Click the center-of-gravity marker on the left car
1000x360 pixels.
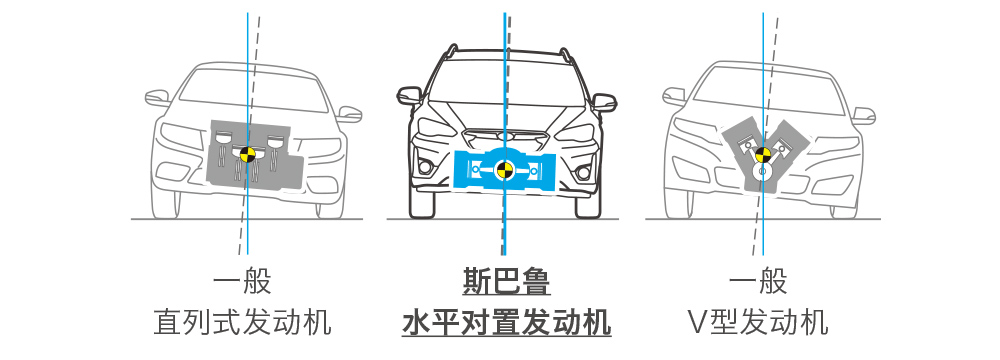click(247, 153)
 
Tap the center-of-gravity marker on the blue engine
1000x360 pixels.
click(504, 170)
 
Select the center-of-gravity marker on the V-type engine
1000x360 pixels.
click(763, 154)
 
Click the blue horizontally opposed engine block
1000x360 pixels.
click(504, 170)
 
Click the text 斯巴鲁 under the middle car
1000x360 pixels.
click(506, 281)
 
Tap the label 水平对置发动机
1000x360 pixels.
click(506, 322)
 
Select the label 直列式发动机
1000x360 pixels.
click(242, 322)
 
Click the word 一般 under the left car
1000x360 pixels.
click(242, 281)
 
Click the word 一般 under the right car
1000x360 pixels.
click(758, 281)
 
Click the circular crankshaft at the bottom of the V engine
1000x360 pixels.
click(760, 172)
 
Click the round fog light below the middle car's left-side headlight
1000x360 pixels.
click(425, 168)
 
